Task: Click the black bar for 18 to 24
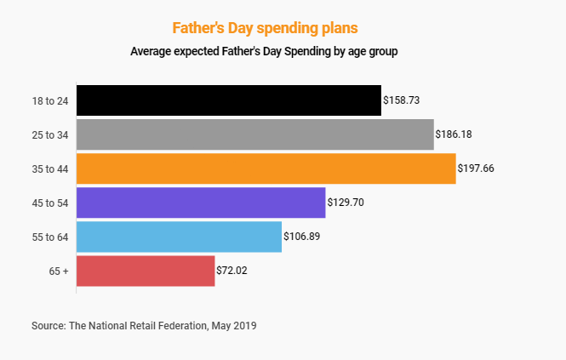[228, 100]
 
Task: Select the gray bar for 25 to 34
[254, 134]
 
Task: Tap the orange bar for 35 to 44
[266, 169]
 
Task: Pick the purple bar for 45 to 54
[201, 203]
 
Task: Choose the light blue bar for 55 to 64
[179, 237]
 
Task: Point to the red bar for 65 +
[146, 271]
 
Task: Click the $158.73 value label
[402, 100]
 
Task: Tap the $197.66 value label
[476, 169]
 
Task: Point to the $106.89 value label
[302, 237]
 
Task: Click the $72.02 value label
[234, 271]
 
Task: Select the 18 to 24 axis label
[49, 100]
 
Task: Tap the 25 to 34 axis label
[49, 134]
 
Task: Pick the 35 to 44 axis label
[49, 169]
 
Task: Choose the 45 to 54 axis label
[49, 203]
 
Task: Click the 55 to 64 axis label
[49, 237]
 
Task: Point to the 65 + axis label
[59, 271]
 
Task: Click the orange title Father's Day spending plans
[265, 27]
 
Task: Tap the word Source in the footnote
[48, 325]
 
